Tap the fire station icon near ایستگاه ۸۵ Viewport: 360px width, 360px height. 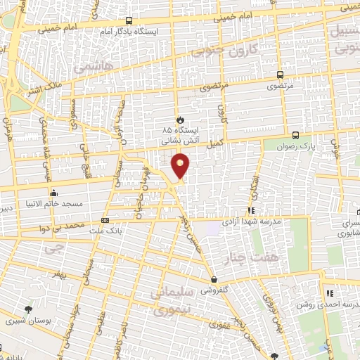pyautogui.click(x=179, y=120)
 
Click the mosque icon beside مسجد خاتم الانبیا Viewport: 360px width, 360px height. pyautogui.click(x=53, y=193)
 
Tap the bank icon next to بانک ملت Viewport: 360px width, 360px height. pyautogui.click(x=105, y=220)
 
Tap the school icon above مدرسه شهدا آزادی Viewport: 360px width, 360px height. pyautogui.click(x=251, y=210)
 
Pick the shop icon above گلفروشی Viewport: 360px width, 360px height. pyautogui.click(x=214, y=279)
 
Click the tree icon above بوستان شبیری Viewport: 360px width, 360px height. pyautogui.click(x=28, y=309)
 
